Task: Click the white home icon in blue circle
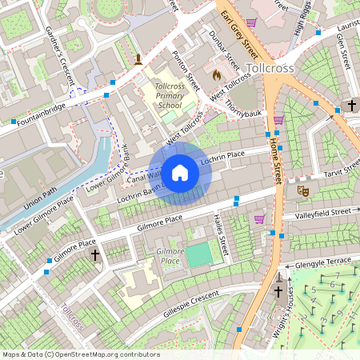tap(180, 173)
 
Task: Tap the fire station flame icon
tap(215, 74)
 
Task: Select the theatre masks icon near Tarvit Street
tap(302, 191)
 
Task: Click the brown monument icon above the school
tap(138, 59)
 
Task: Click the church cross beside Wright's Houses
tap(278, 293)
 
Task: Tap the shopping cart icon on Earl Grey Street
tap(252, 22)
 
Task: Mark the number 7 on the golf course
tap(338, 276)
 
